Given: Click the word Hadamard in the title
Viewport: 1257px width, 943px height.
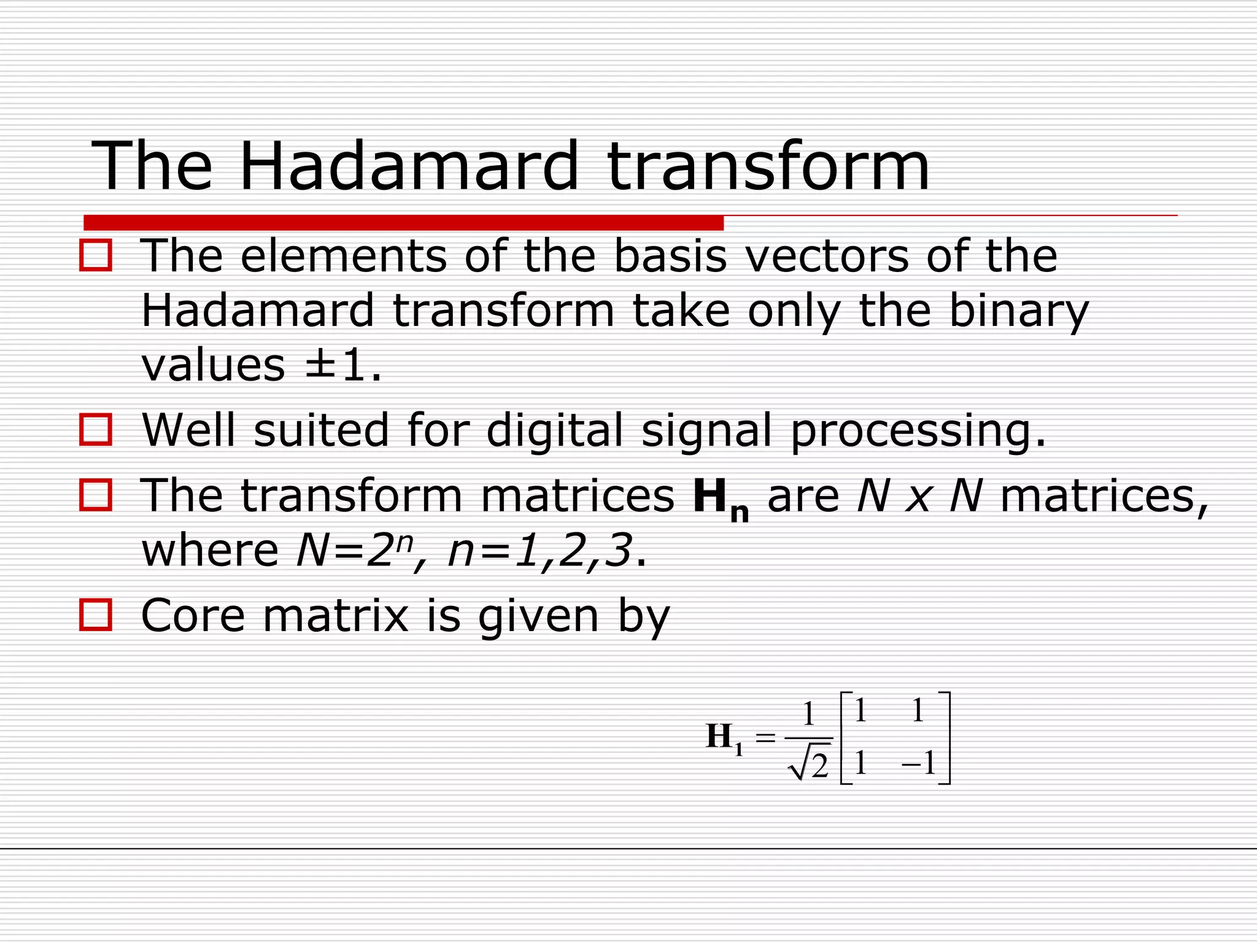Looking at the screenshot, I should tap(408, 166).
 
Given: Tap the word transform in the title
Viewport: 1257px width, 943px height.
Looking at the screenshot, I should tap(768, 166).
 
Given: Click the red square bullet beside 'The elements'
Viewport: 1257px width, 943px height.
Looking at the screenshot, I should tap(96, 255).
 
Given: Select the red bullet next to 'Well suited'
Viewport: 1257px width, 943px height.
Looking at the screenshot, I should tap(96, 429).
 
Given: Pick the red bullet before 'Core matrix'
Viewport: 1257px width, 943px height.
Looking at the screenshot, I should tap(96, 615).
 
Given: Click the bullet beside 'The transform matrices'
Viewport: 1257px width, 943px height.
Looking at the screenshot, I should tap(96, 495).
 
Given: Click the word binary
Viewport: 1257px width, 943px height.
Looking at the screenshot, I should tap(1018, 311).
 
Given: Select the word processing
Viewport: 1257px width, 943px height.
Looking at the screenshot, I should tap(917, 430).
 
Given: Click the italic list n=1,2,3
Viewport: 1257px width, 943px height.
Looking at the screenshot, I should tap(540, 550).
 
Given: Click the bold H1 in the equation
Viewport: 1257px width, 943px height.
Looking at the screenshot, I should tap(723, 738).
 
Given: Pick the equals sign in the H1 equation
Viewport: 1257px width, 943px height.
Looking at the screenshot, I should tap(765, 737).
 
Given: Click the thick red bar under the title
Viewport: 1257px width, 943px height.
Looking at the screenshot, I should tap(403, 222).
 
